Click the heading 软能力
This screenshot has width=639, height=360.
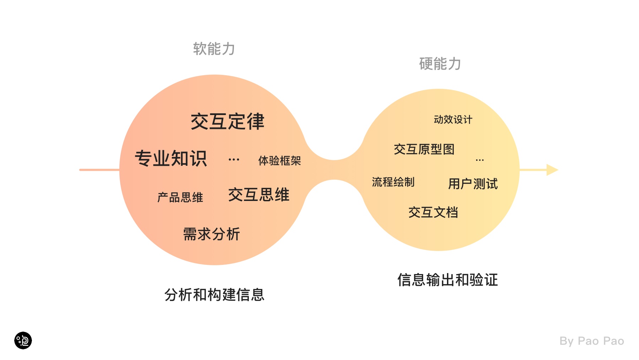coord(214,49)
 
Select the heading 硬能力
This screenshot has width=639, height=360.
coord(440,64)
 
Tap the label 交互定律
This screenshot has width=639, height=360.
coord(228,121)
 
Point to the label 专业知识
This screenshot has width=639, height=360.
coord(171,158)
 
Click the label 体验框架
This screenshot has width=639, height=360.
coord(279,161)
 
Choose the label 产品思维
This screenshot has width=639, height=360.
coord(180,197)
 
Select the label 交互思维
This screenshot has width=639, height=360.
coord(258,195)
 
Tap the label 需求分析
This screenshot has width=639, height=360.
coord(211,234)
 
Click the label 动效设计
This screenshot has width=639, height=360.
coord(453,120)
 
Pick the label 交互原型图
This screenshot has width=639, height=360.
coord(424,149)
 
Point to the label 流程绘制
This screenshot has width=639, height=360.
coord(393,182)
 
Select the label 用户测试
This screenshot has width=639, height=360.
coord(473,184)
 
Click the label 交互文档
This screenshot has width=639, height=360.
coord(433,212)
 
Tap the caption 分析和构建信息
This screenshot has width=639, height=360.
coord(214,295)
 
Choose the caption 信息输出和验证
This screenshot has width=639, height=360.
coord(447,280)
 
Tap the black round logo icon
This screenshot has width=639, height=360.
coord(23,340)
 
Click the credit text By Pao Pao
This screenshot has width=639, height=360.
coord(591,341)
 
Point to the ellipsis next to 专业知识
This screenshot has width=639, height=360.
coord(234,160)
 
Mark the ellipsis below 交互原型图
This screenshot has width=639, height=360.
coord(480,160)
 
